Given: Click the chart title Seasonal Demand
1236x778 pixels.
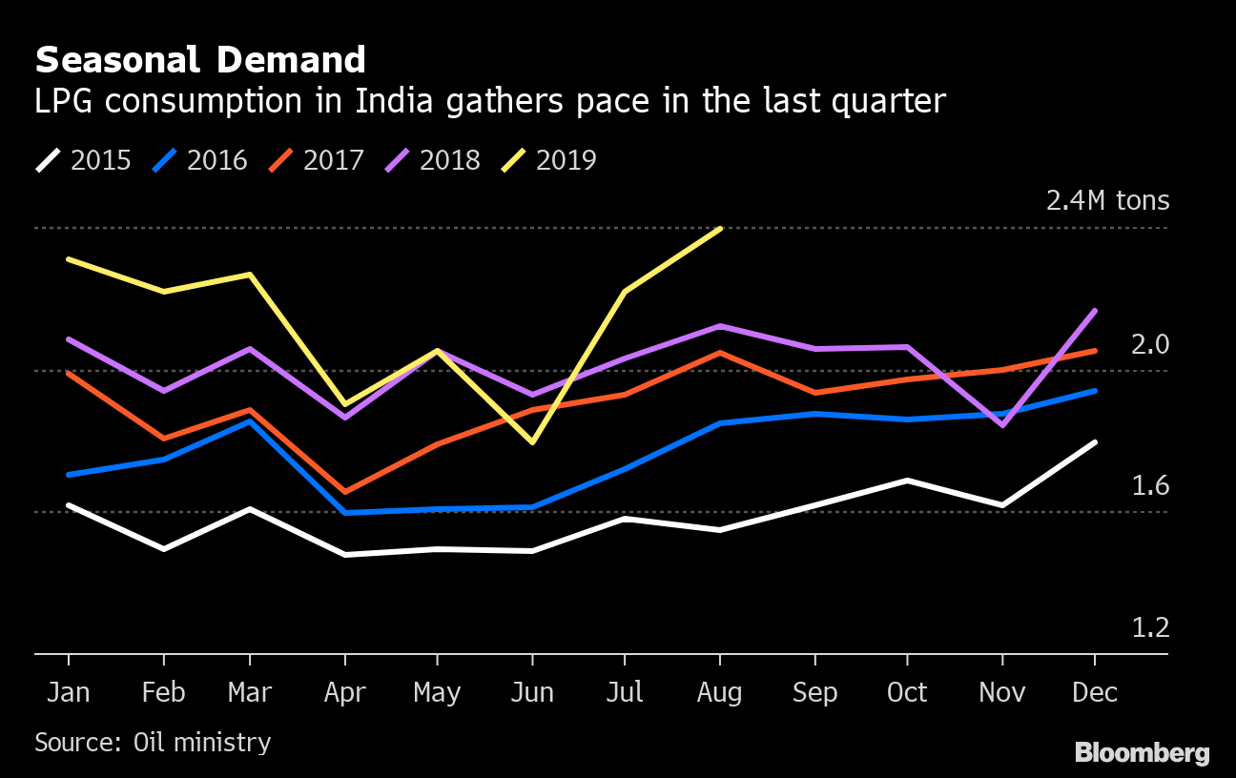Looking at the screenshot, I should [x=200, y=61].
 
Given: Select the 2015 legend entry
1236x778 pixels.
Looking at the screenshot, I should [x=84, y=160].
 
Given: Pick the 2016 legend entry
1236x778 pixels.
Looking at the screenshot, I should [x=200, y=160].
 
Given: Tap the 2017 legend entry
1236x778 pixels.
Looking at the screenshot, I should [x=317, y=160].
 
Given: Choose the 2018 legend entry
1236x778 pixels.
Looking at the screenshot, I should [x=433, y=160].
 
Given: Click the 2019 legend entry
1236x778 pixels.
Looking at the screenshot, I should [x=549, y=160].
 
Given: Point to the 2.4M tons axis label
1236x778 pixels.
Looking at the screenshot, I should [x=1107, y=201].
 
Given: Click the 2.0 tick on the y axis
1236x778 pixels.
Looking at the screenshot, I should [x=1149, y=344].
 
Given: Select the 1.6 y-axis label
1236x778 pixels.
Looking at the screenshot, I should [x=1149, y=486].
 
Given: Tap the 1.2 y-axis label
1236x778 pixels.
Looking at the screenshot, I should [x=1149, y=628].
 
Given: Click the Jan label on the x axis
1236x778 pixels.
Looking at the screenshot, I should [x=69, y=692].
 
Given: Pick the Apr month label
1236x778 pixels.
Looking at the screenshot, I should [x=344, y=692].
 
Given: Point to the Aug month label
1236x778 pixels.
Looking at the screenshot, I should [x=719, y=692].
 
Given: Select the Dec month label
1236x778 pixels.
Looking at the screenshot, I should [x=1095, y=692].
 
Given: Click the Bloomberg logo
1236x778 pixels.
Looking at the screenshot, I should [x=1142, y=753].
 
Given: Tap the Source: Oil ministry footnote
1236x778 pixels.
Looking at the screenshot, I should [x=153, y=742].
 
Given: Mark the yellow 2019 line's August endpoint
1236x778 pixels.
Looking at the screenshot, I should [x=720, y=229].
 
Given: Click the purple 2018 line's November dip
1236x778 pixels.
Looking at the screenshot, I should [x=1002, y=425].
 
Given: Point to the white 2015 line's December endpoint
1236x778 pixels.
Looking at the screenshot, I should [x=1095, y=442].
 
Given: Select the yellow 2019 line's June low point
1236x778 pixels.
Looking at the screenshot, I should [x=531, y=442].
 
